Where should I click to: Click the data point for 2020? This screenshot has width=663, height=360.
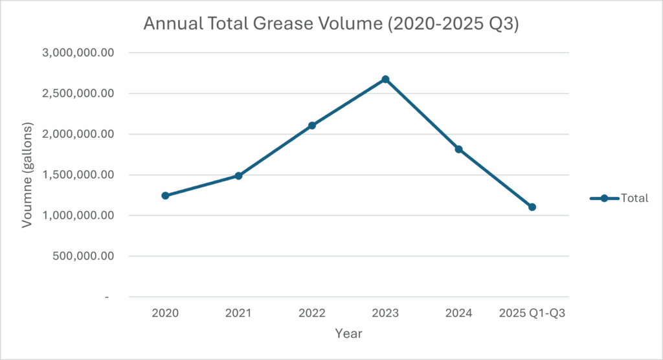165,196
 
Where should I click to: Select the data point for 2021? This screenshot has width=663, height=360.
238,175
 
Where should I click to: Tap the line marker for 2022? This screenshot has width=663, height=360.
312,125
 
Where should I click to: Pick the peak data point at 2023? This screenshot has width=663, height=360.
385,79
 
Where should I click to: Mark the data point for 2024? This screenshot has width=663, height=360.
459,149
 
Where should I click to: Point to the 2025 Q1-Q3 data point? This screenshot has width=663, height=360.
532,207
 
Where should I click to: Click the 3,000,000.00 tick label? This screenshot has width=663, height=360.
78,52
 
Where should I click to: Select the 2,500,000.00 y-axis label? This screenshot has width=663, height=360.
78,93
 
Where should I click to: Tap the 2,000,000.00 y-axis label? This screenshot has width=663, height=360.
78,134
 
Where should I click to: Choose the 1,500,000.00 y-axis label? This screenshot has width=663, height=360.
78,175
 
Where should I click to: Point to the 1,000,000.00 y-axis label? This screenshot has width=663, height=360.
78,216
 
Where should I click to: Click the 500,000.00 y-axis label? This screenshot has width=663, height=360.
84,256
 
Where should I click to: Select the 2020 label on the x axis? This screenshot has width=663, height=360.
165,313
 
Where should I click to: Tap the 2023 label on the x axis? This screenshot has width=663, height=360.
385,313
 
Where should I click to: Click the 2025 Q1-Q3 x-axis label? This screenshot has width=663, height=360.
532,313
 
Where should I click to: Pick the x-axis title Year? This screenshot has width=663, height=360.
348,334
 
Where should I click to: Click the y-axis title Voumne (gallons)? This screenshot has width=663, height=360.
27,175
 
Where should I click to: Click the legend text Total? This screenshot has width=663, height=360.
634,199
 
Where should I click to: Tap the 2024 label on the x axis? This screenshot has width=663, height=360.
459,313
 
